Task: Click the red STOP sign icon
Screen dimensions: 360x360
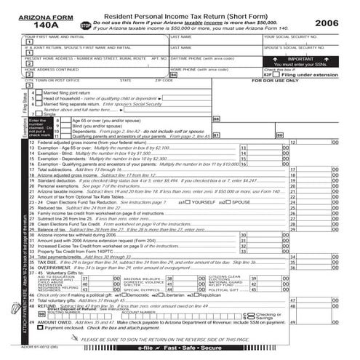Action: tap(86, 25)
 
